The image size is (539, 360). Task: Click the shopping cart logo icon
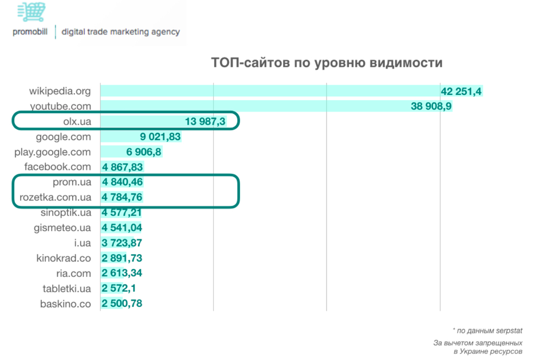pyautogui.click(x=31, y=12)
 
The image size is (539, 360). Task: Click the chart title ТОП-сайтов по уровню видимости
pyautogui.click(x=326, y=62)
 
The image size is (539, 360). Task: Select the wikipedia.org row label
pyautogui.click(x=60, y=91)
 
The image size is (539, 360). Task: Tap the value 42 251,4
pyautogui.click(x=462, y=91)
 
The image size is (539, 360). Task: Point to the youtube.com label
pyautogui.click(x=60, y=106)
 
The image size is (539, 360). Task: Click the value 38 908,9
pyautogui.click(x=431, y=106)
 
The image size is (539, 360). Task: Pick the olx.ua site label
pyautogui.click(x=77, y=121)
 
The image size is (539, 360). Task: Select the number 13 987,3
pyautogui.click(x=206, y=121)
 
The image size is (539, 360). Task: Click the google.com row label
pyautogui.click(x=63, y=137)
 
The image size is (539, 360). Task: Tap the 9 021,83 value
pyautogui.click(x=160, y=137)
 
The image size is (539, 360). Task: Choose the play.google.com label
pyautogui.click(x=53, y=152)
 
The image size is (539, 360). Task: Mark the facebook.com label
pyautogui.click(x=57, y=167)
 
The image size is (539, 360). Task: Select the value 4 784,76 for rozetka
pyautogui.click(x=122, y=197)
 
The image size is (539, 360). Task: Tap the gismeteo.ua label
pyautogui.click(x=62, y=228)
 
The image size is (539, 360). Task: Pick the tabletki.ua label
pyautogui.click(x=66, y=288)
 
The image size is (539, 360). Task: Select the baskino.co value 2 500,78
pyautogui.click(x=122, y=303)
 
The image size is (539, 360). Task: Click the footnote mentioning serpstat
pyautogui.click(x=487, y=330)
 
